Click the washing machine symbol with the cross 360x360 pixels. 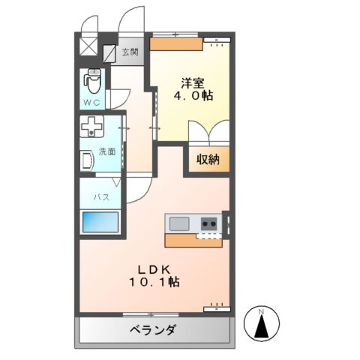[x=93, y=127]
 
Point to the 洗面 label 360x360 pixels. [x=106, y=151]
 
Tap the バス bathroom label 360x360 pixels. [x=101, y=197]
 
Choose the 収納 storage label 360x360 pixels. [x=208, y=158]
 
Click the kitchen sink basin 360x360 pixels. [x=180, y=223]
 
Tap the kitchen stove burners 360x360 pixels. [x=209, y=223]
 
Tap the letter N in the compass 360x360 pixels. [x=262, y=310]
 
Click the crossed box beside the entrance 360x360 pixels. [x=88, y=46]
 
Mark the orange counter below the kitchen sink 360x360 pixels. [x=193, y=241]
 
